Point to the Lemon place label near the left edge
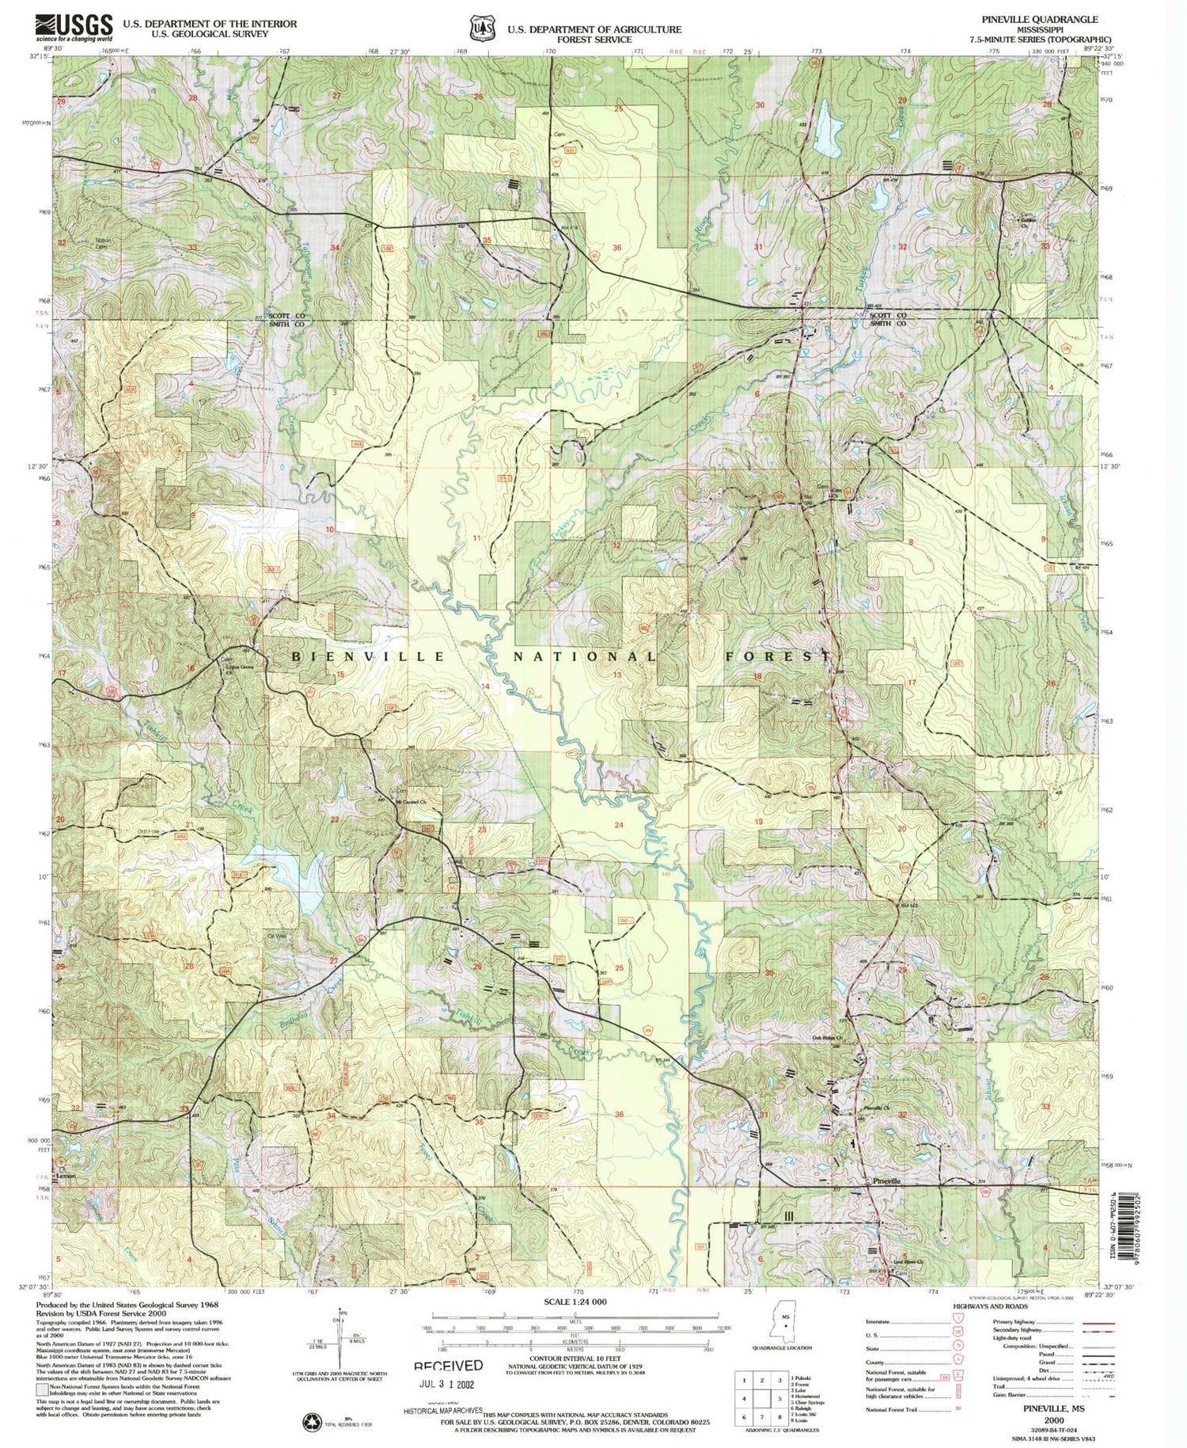click(66, 1176)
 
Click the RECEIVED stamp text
click(448, 1366)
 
